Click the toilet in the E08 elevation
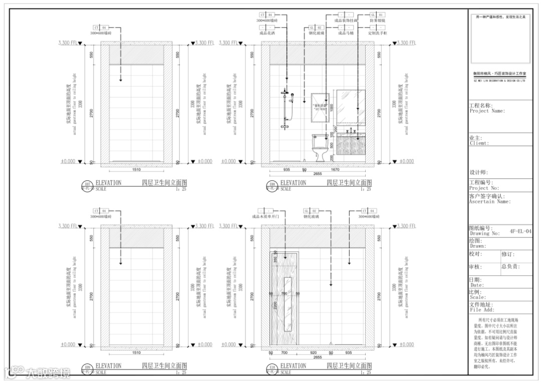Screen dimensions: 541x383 point(319,147)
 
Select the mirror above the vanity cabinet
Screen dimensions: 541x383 point(350,106)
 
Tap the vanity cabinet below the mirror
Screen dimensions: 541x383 point(350,147)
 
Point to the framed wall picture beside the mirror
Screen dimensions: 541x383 point(319,108)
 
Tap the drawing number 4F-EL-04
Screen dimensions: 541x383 point(520,231)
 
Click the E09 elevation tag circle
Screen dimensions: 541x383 point(87,370)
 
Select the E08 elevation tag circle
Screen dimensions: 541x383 point(273,186)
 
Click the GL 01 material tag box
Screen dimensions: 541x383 point(377,15)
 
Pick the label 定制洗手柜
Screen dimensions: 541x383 point(377,33)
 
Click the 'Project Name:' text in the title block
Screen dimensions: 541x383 point(487,111)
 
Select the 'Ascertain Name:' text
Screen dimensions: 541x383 point(490,202)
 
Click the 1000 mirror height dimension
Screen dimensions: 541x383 point(331,108)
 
